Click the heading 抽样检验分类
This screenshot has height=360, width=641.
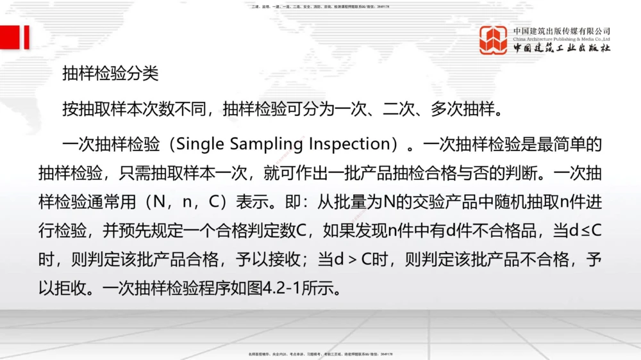110,74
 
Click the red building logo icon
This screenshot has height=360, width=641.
494,40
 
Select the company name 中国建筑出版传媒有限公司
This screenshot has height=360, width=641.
562,31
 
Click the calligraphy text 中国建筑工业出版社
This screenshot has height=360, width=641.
562,48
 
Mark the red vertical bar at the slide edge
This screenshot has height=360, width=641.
26,37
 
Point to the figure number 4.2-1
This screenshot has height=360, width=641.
287,289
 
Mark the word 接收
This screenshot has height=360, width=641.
284,260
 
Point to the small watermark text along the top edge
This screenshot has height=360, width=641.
320,6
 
